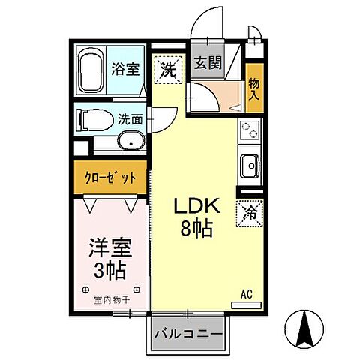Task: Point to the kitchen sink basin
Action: (249, 163)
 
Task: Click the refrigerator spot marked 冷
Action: (250, 213)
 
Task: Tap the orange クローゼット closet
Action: (109, 178)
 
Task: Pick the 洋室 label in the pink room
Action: (106, 246)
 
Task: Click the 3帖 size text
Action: (106, 268)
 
